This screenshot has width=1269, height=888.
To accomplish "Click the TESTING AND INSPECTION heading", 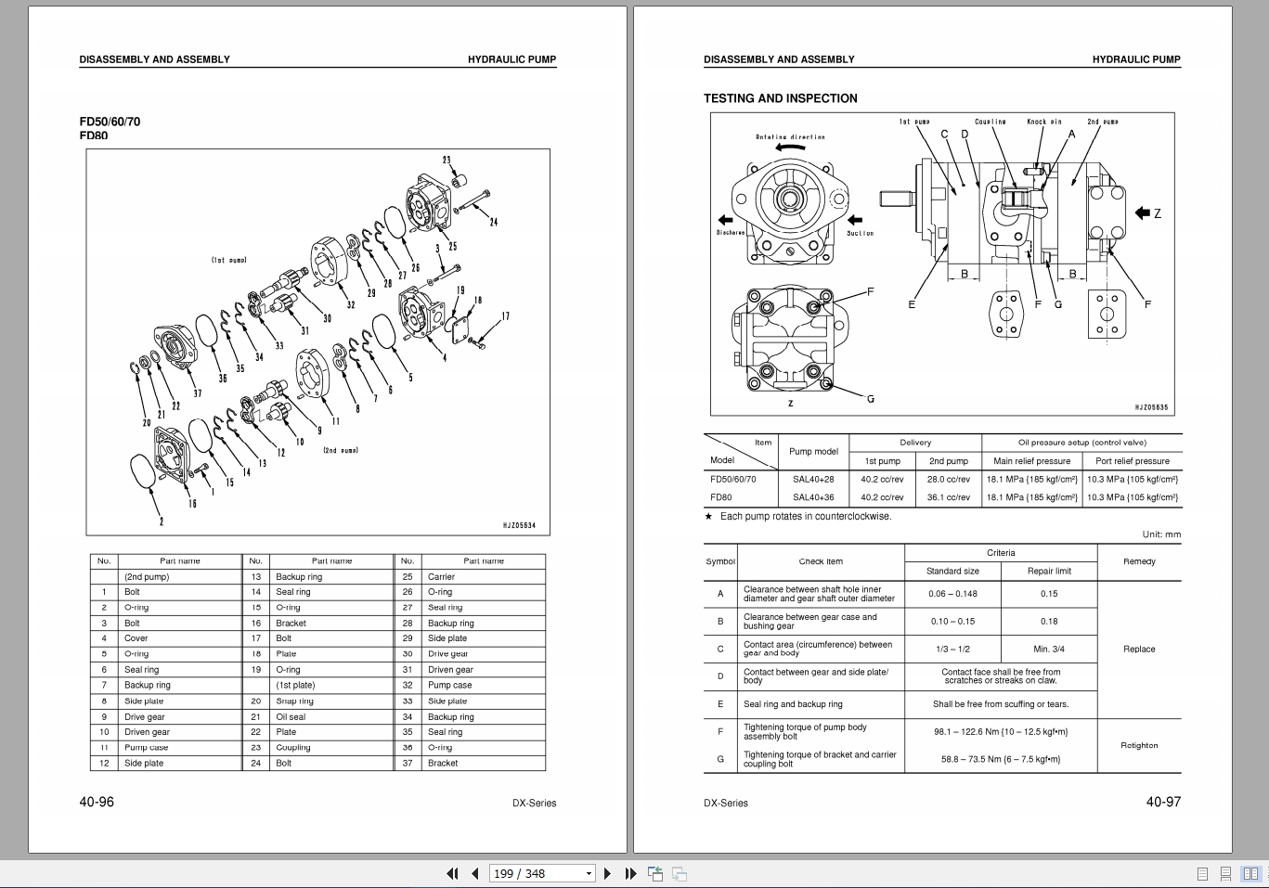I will [x=780, y=98].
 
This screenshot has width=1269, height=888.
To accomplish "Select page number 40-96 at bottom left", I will [x=97, y=802].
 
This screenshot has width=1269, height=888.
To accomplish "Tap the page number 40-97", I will [x=1163, y=802].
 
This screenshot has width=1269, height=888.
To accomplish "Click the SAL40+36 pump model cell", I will [x=812, y=497].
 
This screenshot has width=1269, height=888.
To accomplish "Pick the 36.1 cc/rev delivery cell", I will [x=948, y=497].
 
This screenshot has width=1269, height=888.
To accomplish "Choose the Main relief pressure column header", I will [x=1031, y=461].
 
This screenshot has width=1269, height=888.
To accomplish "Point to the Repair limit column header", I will [x=1049, y=571].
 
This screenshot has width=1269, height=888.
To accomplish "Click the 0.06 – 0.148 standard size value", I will [x=952, y=594].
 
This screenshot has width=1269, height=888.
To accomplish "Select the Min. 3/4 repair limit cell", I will [x=1049, y=650].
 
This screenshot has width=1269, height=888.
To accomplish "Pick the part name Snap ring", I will [x=294, y=701].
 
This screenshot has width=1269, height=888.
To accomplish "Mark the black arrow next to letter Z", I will [x=1142, y=213].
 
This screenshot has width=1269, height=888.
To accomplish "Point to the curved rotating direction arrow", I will [x=789, y=147].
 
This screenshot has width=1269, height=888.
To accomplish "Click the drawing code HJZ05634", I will [x=518, y=525].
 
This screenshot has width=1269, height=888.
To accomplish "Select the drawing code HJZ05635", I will [x=1151, y=407].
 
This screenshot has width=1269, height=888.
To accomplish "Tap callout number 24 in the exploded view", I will [x=493, y=222].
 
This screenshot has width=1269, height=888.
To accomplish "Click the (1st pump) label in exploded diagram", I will [x=228, y=261].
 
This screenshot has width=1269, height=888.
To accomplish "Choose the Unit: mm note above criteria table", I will [x=1161, y=534].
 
